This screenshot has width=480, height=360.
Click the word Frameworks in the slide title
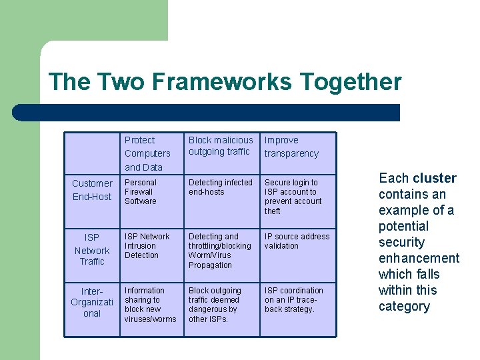coord(222,82)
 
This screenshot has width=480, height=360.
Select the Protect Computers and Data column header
coord(147,153)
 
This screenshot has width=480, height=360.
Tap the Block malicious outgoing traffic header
coord(221,146)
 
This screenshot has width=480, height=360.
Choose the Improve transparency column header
coord(291,147)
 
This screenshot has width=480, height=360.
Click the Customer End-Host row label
coord(92,190)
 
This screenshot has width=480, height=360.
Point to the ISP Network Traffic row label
coord(92,249)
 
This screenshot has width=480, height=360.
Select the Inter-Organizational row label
coord(92,302)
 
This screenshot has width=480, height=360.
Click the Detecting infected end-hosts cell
coord(221,187)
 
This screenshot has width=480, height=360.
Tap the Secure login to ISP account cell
coord(293,197)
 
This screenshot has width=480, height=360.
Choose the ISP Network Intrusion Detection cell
coord(147,245)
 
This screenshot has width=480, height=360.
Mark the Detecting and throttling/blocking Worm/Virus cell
coord(220,251)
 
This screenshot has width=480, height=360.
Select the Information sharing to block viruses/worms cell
coord(150,305)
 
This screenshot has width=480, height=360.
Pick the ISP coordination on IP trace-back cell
coord(294,299)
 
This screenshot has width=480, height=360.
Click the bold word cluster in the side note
coord(435,178)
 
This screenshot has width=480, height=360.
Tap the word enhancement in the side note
coord(419,258)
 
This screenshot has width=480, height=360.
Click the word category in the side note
coord(404,306)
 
